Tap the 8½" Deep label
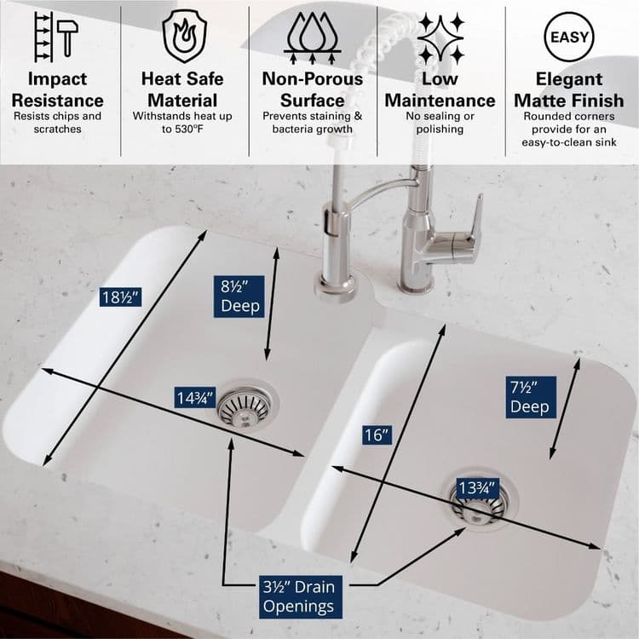click(x=241, y=296)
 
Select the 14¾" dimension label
click(x=195, y=397)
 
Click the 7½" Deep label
click(x=530, y=397)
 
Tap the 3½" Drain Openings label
click(x=298, y=596)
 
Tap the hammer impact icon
click(x=56, y=36)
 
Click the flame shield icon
click(x=184, y=37)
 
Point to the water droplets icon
click(x=313, y=37)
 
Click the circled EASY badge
click(x=568, y=37)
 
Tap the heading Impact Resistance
click(x=58, y=89)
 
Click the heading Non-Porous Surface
click(x=312, y=89)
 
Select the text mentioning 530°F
click(x=183, y=122)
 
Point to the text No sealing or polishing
click(x=440, y=122)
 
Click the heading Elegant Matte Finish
click(x=568, y=89)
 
